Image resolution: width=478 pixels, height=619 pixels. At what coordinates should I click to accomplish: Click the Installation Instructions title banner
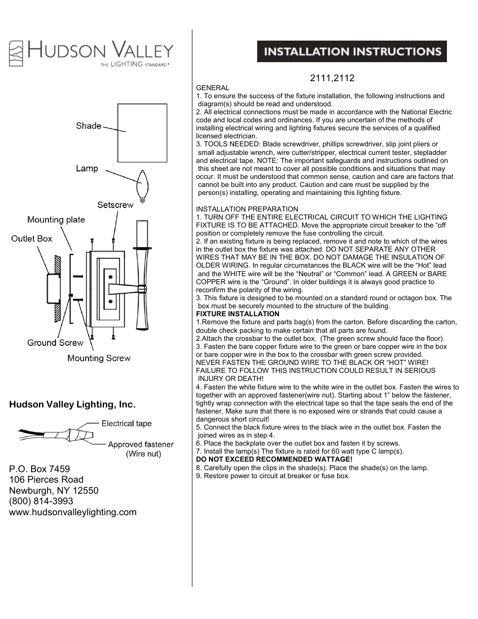click(x=352, y=52)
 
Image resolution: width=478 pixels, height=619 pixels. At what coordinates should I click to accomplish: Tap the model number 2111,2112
click(x=332, y=78)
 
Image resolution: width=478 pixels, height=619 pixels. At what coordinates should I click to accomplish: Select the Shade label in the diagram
click(x=89, y=126)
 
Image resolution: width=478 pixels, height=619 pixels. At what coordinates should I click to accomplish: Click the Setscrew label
click(x=115, y=204)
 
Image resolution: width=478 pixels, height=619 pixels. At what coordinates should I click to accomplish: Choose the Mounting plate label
click(x=56, y=220)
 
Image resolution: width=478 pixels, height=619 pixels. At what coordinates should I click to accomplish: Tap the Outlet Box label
click(x=32, y=239)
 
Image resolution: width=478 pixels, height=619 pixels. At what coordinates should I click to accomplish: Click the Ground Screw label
click(x=55, y=343)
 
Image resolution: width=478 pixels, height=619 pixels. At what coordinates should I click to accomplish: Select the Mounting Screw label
click(x=99, y=358)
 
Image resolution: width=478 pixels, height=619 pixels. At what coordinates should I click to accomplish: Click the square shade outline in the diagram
click(x=142, y=133)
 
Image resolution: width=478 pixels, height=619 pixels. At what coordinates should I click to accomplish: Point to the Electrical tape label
click(x=126, y=424)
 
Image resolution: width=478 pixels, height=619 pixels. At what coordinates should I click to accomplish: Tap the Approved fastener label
click(x=141, y=445)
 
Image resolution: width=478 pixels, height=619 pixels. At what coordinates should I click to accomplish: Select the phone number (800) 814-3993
click(x=41, y=501)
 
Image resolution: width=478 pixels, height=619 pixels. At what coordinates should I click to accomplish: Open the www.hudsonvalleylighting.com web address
click(x=73, y=512)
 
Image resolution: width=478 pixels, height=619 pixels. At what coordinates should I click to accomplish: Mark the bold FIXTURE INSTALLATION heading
click(x=237, y=314)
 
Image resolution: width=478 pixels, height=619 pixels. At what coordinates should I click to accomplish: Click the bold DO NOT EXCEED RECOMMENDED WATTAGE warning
click(x=274, y=459)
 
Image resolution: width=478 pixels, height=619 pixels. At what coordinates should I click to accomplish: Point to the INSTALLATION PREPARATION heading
click(x=247, y=209)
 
